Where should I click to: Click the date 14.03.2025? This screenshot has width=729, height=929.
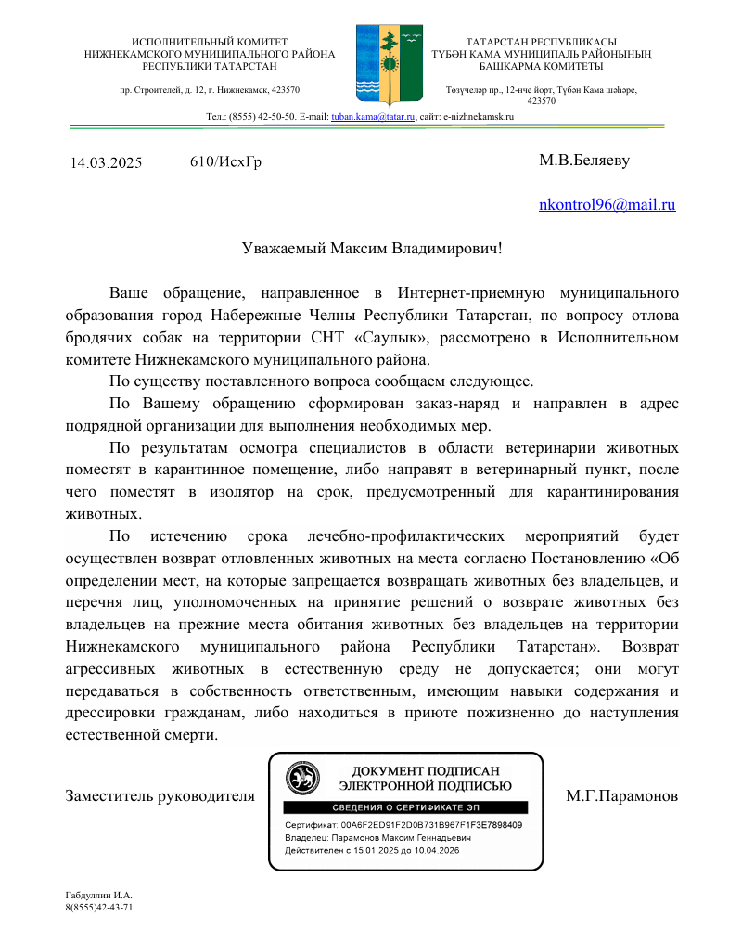click(x=106, y=163)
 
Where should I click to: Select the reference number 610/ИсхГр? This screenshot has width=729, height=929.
click(x=225, y=162)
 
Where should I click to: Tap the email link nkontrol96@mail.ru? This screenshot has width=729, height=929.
click(x=607, y=205)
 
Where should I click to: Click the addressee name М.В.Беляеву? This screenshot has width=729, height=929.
click(x=583, y=161)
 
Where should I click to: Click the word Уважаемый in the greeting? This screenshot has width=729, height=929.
click(x=283, y=249)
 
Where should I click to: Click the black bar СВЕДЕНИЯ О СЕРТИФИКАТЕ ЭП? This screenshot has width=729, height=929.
click(x=404, y=807)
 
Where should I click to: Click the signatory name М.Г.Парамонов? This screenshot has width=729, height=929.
click(x=621, y=796)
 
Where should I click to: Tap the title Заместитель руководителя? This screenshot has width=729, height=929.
click(x=160, y=796)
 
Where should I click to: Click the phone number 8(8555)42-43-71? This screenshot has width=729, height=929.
click(x=99, y=907)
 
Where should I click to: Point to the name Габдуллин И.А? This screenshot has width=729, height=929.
click(x=92, y=895)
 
